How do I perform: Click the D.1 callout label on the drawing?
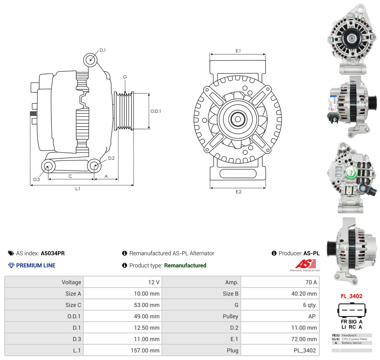(102, 50)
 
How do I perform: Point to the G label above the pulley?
(125, 77)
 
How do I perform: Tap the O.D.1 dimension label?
(156, 111)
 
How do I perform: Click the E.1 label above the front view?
(238, 51)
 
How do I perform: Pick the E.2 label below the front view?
(238, 192)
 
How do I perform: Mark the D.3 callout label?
(36, 179)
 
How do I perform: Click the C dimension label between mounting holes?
(70, 176)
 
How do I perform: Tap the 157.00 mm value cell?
(145, 350)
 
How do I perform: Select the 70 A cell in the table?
(311, 282)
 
